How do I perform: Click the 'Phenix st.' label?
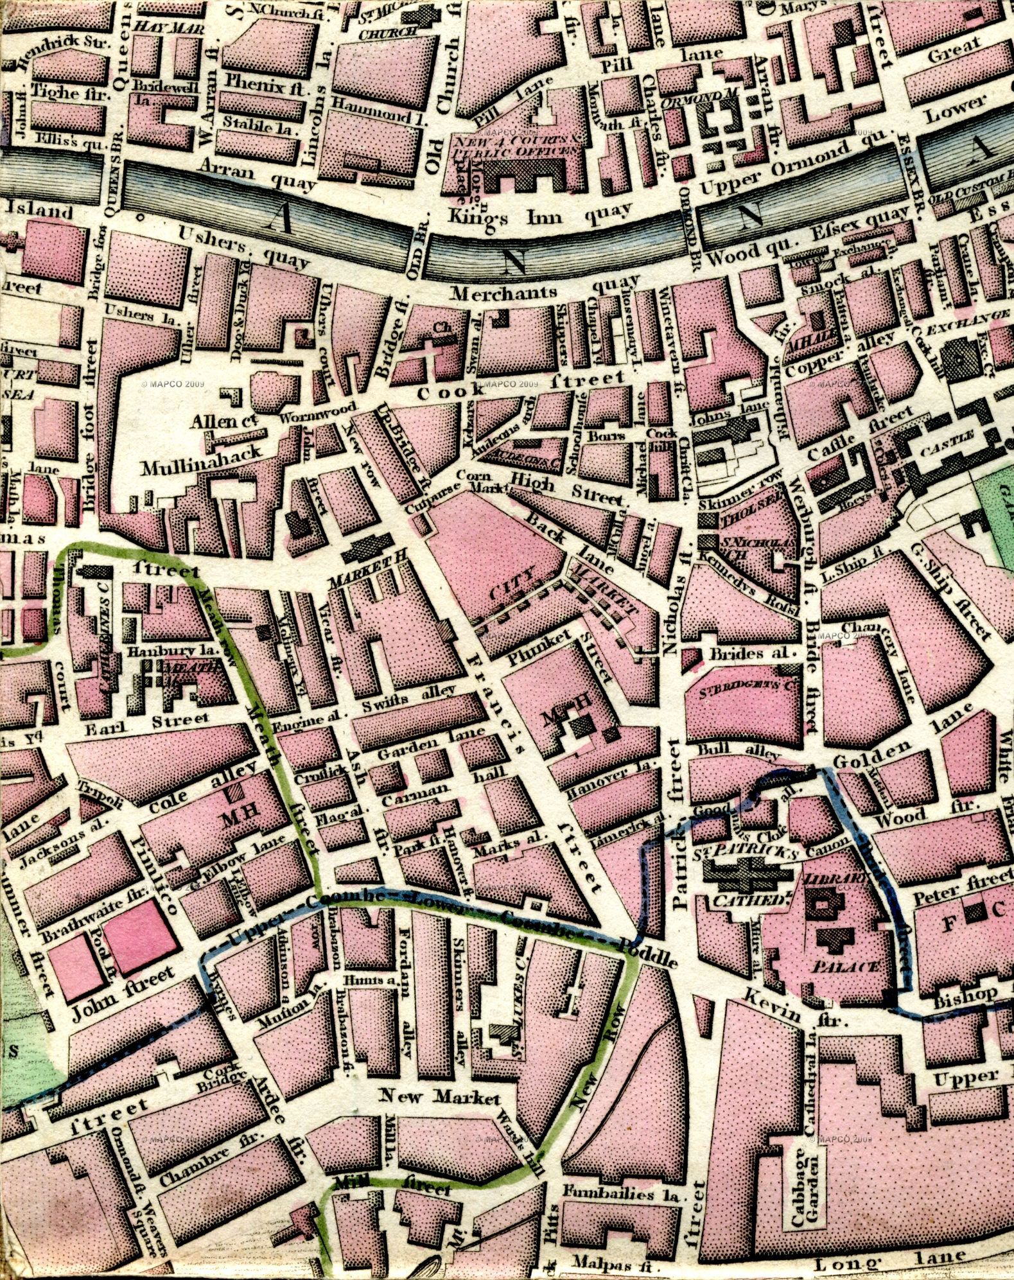(265, 85)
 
